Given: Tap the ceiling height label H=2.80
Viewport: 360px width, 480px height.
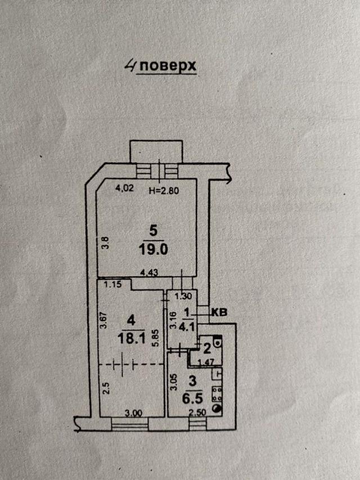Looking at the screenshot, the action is point(164,190).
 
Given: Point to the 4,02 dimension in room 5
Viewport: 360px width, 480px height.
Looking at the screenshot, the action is point(124,188).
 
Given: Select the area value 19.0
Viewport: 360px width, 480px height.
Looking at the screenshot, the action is point(153,250).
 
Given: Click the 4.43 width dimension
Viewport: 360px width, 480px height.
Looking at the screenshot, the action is point(148,272).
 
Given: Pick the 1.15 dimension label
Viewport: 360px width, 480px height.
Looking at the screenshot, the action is point(112,284).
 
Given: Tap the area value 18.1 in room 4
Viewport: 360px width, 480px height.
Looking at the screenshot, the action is point(131,339).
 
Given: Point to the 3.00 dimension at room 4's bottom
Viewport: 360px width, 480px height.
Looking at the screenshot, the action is point(134,413).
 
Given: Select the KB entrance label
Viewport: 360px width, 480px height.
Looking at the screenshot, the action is point(220,312).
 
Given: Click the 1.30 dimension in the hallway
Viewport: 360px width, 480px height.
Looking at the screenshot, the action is point(183,296).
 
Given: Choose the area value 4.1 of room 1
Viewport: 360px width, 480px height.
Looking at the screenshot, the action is point(187,327).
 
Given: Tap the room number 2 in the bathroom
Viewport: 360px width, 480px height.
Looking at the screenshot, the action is point(207,349).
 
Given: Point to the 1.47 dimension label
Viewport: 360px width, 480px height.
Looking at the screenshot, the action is point(206,363).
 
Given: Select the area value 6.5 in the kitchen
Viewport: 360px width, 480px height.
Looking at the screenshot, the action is point(192,399).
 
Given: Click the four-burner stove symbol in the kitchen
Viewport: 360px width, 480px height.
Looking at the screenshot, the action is point(217,394).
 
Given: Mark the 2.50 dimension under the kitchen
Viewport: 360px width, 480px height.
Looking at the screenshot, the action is point(197,413).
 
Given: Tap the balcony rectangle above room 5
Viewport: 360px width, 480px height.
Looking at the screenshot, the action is point(156,151).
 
